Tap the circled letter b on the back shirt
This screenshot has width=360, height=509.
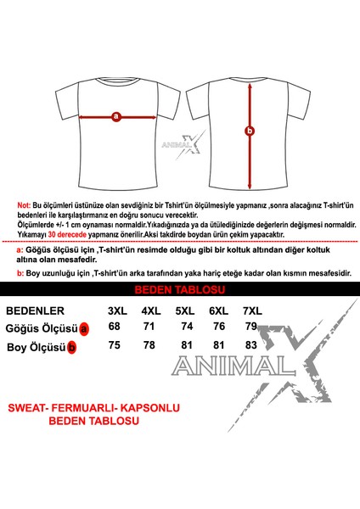[x=249, y=130]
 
